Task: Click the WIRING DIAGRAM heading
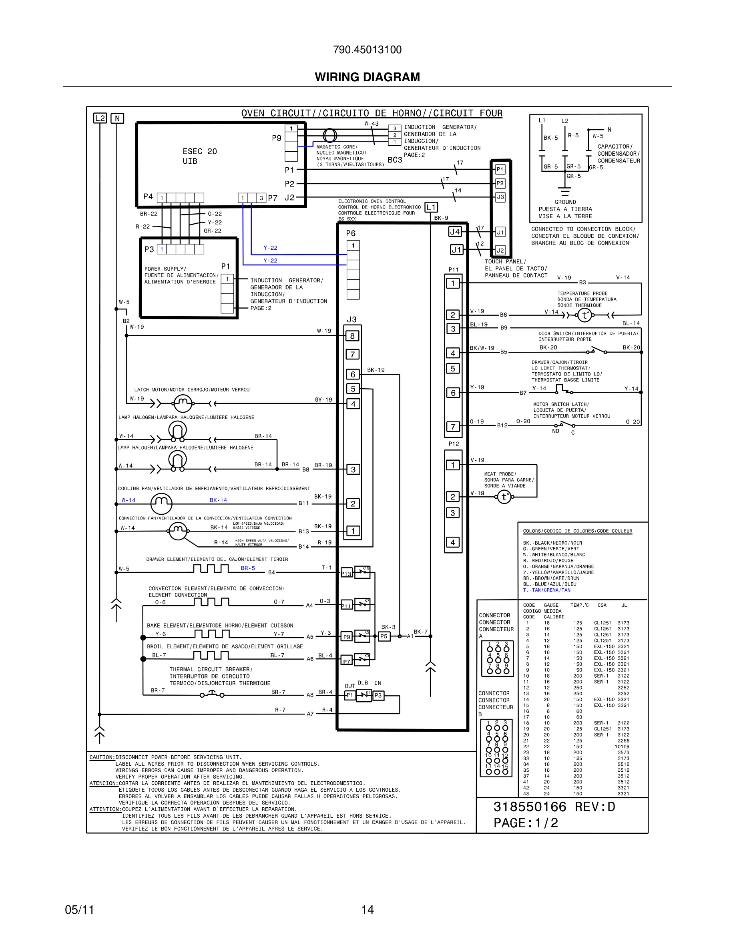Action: (x=367, y=77)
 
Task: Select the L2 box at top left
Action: (x=100, y=118)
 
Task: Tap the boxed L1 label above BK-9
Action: (x=431, y=207)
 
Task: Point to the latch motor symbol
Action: (x=183, y=403)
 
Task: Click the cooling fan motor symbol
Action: (x=161, y=504)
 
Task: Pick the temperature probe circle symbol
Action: (x=584, y=315)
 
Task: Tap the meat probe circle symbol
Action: (x=504, y=497)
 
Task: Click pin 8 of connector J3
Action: (x=353, y=336)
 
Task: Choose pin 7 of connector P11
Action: (x=453, y=426)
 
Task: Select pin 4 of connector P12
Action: (x=453, y=542)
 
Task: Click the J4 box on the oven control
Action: (x=455, y=232)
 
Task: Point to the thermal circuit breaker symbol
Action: (x=212, y=694)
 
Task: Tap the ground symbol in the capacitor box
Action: (x=565, y=192)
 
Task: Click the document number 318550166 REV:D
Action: (x=554, y=807)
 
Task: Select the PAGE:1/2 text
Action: (x=526, y=823)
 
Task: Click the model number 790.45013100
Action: (x=367, y=50)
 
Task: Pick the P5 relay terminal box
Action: (x=384, y=636)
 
